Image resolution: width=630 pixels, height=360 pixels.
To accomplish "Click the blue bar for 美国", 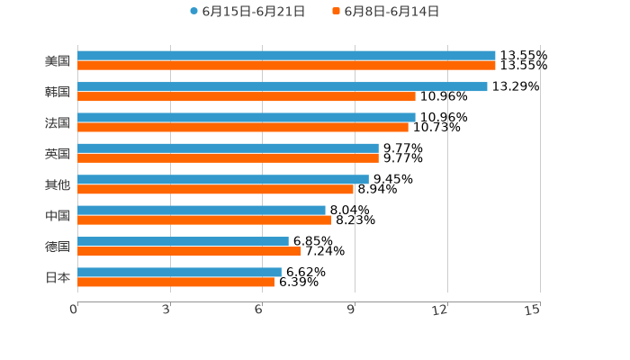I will pyautogui.click(x=286, y=56).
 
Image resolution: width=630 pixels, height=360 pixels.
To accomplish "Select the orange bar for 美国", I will pyautogui.click(x=286, y=66).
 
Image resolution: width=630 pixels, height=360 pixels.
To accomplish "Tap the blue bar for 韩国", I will pyautogui.click(x=283, y=86).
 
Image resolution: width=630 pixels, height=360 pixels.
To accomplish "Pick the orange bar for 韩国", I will pyautogui.click(x=247, y=96).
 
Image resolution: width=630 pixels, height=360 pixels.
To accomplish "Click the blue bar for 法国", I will pyautogui.click(x=247, y=117).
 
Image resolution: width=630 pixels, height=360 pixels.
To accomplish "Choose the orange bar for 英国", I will pyautogui.click(x=228, y=158).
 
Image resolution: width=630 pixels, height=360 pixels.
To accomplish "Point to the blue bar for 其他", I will pyautogui.click(x=223, y=179).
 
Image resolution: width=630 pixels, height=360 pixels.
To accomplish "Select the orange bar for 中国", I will pyautogui.click(x=204, y=220).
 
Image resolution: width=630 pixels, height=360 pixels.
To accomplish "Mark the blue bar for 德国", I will pyautogui.click(x=183, y=241).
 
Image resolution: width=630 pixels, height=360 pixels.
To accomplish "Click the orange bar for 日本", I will pyautogui.click(x=175, y=283).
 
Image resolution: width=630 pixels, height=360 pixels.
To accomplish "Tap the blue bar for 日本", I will pyautogui.click(x=179, y=273).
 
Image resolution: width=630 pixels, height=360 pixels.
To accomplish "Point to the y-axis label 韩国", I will pyautogui.click(x=58, y=92).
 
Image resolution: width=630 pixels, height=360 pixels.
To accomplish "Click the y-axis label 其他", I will pyautogui.click(x=58, y=184).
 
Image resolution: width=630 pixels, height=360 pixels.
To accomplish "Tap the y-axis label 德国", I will pyautogui.click(x=58, y=247).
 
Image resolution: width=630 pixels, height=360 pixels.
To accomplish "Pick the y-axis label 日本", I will pyautogui.click(x=58, y=277).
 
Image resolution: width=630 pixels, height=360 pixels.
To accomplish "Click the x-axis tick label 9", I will pyautogui.click(x=353, y=310).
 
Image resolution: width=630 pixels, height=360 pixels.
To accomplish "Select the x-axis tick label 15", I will pyautogui.click(x=533, y=310).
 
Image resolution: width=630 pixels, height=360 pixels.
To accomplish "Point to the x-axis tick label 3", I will pyautogui.click(x=167, y=310).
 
